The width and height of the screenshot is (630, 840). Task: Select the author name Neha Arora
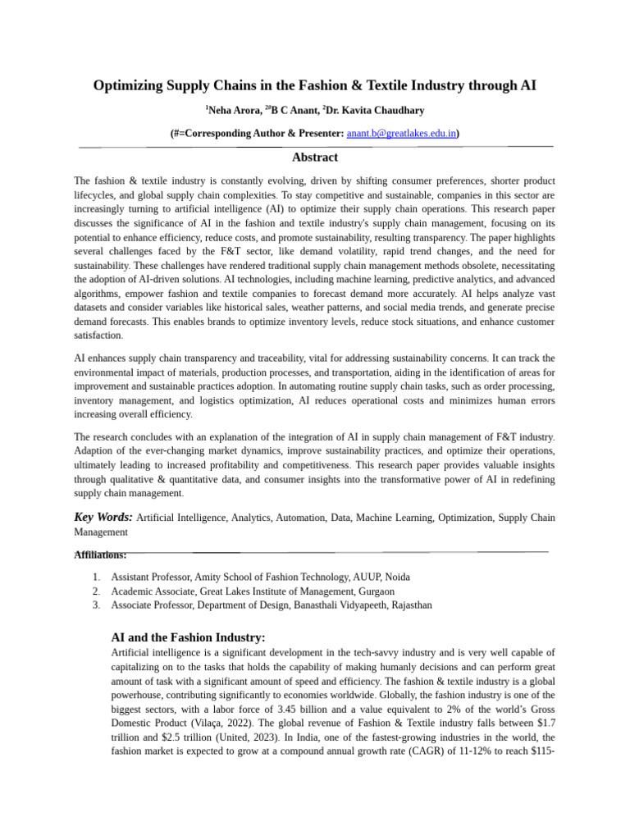click(231, 110)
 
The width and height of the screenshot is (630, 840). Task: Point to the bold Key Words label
click(103, 518)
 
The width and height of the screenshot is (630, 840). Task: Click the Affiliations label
click(100, 555)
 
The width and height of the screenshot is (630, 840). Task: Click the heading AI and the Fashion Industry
click(188, 637)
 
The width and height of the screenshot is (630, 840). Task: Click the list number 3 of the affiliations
click(96, 605)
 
